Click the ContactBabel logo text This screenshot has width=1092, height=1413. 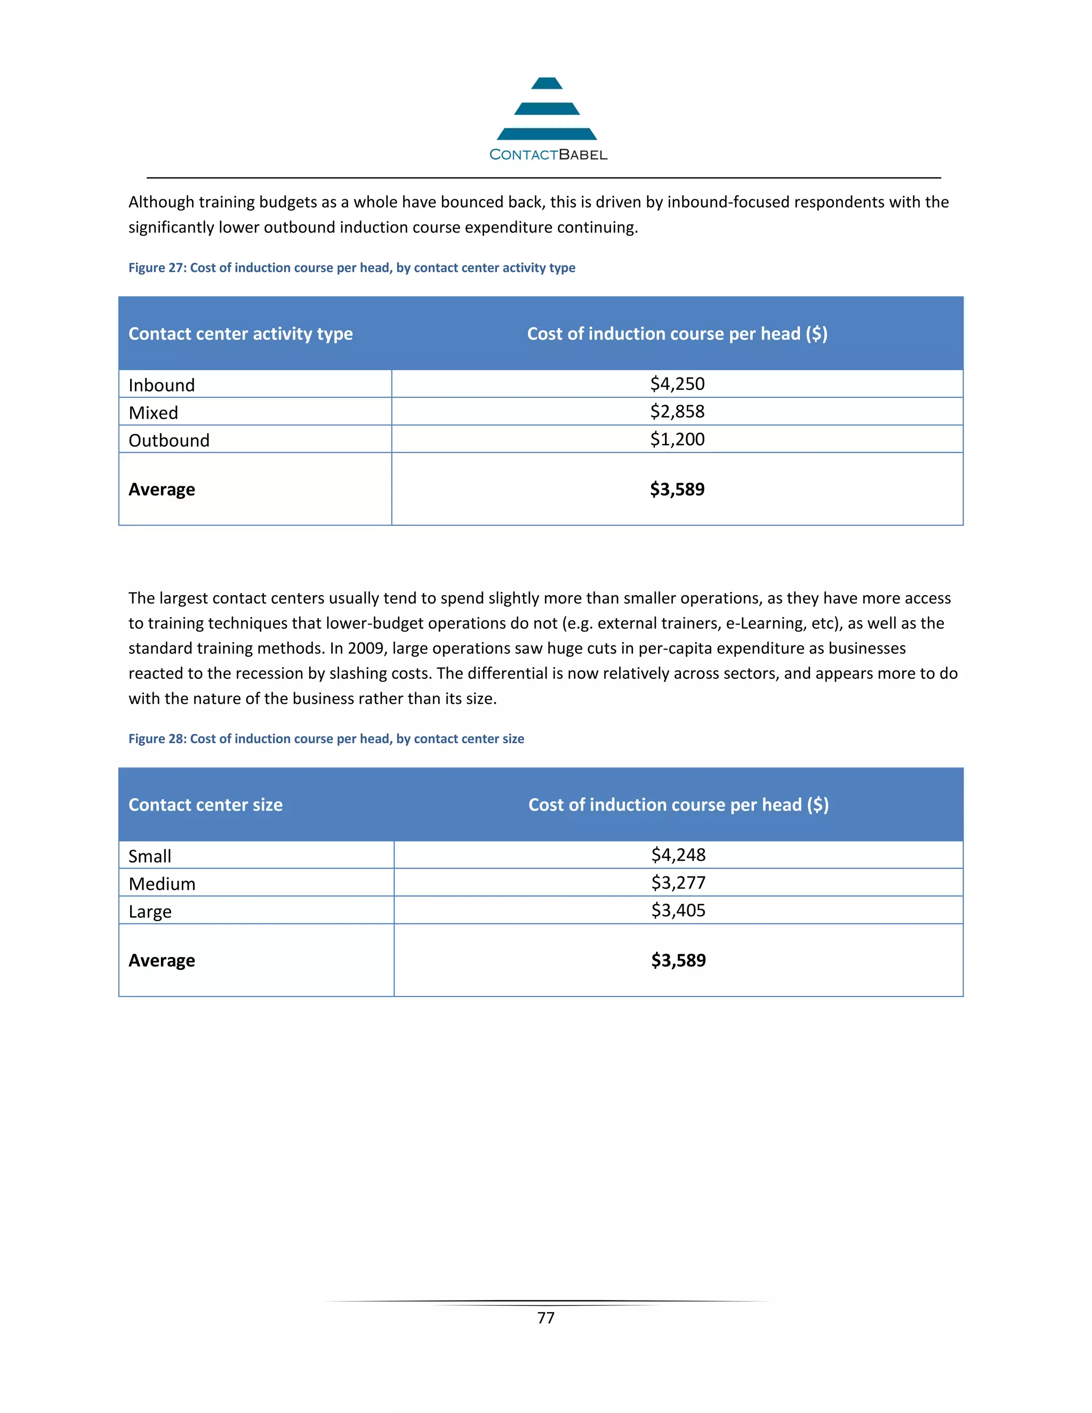pyautogui.click(x=548, y=155)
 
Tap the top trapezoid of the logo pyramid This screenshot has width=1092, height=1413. pyautogui.click(x=547, y=84)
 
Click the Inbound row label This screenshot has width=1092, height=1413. pyautogui.click(x=162, y=385)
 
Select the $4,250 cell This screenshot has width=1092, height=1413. pyautogui.click(x=677, y=384)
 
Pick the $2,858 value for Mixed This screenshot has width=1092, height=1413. pyautogui.click(x=677, y=412)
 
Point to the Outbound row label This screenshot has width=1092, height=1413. pyautogui.click(x=169, y=440)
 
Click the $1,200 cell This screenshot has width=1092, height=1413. pyautogui.click(x=677, y=439)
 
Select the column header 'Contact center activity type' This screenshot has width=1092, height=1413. pyautogui.click(x=240, y=334)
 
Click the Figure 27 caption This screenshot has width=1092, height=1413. pyautogui.click(x=351, y=268)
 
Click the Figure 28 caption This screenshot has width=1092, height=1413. pyautogui.click(x=326, y=739)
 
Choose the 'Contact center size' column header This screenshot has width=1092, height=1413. pyautogui.click(x=206, y=805)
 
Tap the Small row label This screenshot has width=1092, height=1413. pyautogui.click(x=150, y=856)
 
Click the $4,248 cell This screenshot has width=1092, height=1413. pyautogui.click(x=678, y=855)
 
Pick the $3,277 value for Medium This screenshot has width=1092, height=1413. pyautogui.click(x=678, y=882)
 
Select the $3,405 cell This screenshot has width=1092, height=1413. pyautogui.click(x=678, y=910)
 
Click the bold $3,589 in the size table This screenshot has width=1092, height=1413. pyautogui.click(x=678, y=960)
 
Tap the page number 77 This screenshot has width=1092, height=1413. pyautogui.click(x=545, y=1318)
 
